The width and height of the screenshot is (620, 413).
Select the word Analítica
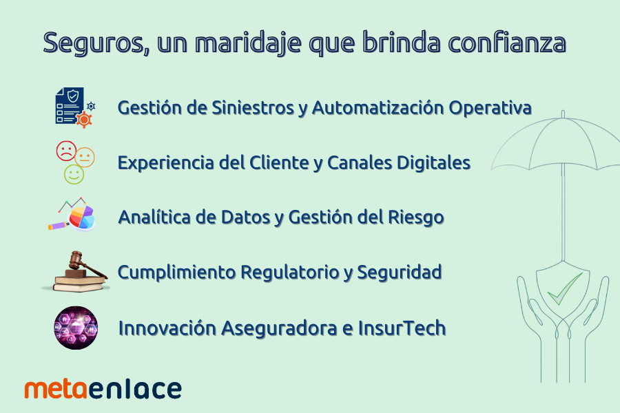pyautogui.click(x=155, y=218)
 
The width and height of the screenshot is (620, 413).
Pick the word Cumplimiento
pyautogui.click(x=176, y=273)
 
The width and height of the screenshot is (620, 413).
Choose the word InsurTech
pyautogui.click(x=402, y=328)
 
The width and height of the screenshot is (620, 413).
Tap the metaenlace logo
pyautogui.click(x=103, y=389)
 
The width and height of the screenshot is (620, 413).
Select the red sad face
pyautogui.click(x=66, y=150)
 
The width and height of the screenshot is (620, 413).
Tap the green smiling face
pyautogui.click(x=74, y=174)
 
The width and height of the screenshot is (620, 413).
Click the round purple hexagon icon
pyautogui.click(x=76, y=328)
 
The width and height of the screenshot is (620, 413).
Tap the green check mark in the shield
pyautogui.click(x=565, y=288)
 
